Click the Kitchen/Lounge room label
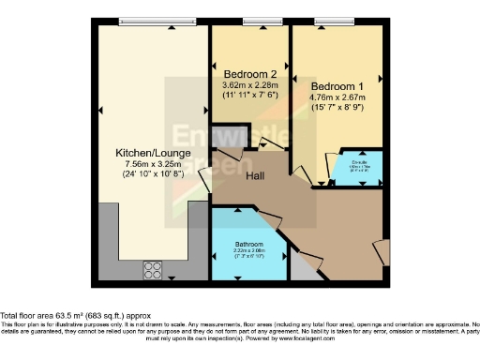(x=154, y=152)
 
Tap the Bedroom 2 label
(x=250, y=74)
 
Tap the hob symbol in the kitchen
(x=154, y=271)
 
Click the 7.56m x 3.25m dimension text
(x=154, y=164)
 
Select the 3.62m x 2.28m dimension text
(x=250, y=85)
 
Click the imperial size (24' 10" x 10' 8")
(x=154, y=175)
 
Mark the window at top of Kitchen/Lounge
(x=154, y=22)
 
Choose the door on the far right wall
(x=380, y=252)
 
